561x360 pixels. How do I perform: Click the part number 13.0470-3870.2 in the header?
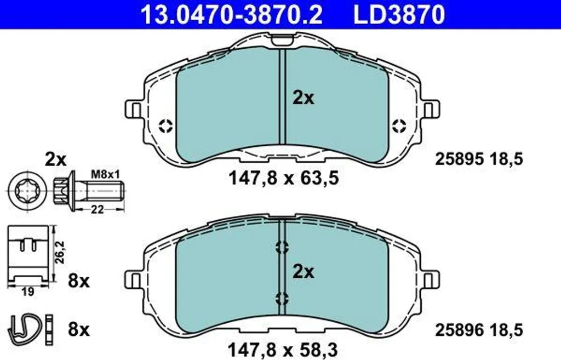pyautogui.click(x=232, y=15)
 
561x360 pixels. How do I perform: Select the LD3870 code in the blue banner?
pyautogui.click(x=399, y=15)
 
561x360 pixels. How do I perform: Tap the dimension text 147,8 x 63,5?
pyautogui.click(x=283, y=178)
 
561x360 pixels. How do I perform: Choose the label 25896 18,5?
pyautogui.click(x=479, y=330)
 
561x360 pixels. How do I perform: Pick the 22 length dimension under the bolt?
pyautogui.click(x=96, y=209)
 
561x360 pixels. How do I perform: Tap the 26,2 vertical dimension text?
pyautogui.click(x=60, y=252)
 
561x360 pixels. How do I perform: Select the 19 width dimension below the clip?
pyautogui.click(x=27, y=292)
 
